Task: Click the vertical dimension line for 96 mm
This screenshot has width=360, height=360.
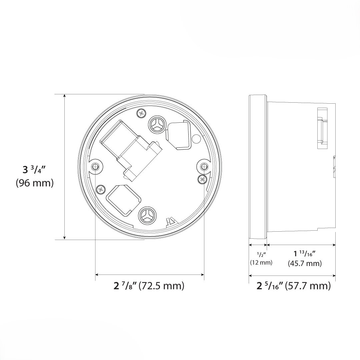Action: tap(66, 166)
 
